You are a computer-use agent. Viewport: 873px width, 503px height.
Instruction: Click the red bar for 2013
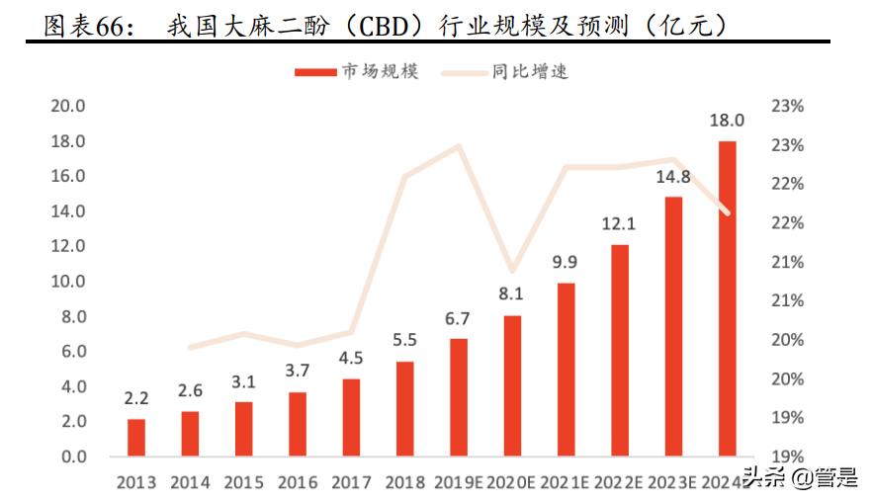[136, 437]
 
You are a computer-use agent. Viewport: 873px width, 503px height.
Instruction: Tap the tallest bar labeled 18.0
[726, 298]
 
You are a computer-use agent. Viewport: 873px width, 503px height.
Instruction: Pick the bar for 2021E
[566, 370]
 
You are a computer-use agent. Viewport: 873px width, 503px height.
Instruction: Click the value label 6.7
[459, 318]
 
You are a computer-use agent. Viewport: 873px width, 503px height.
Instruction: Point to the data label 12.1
[619, 224]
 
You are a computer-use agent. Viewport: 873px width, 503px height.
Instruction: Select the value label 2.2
[136, 399]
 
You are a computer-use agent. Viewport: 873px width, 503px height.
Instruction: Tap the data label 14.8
[672, 178]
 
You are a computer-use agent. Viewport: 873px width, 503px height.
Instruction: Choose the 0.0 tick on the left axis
[72, 457]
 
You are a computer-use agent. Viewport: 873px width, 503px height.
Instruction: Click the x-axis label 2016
[298, 483]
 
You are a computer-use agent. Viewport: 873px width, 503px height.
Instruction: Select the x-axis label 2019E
[459, 483]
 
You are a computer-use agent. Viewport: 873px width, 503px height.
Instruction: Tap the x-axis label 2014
[190, 483]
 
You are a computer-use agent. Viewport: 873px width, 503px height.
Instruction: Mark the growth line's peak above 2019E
[459, 146]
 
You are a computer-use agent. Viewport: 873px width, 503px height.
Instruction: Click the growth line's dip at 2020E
[512, 270]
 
